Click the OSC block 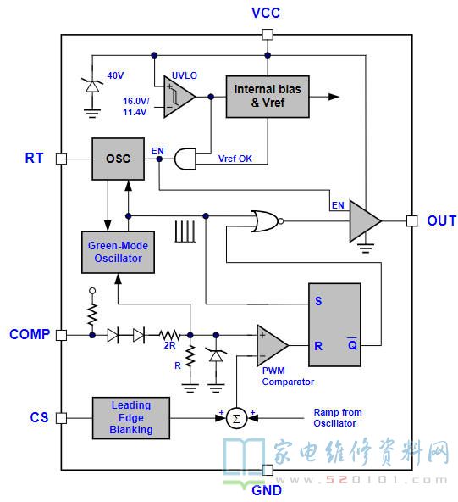click(118, 159)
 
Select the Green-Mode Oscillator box click(118, 253)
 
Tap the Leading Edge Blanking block click(131, 418)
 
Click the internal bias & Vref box click(268, 97)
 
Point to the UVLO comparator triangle click(178, 97)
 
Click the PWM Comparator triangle click(271, 345)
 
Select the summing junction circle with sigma click(236, 418)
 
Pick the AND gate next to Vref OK click(185, 159)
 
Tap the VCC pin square click(268, 34)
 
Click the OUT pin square click(412, 221)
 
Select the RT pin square click(61, 159)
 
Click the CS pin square click(61, 418)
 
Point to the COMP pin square click(61, 335)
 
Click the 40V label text click(115, 75)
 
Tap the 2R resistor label click(169, 346)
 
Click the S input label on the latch click(318, 301)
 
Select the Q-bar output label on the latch click(352, 344)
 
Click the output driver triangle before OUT click(364, 221)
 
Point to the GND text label click(267, 490)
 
